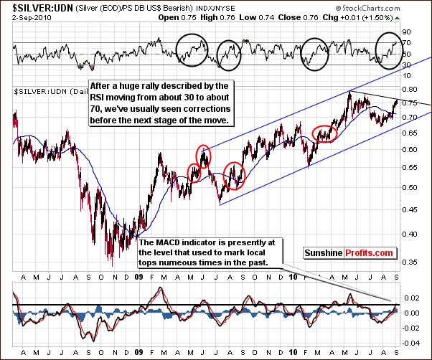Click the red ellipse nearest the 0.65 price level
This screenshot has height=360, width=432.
(324, 134)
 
